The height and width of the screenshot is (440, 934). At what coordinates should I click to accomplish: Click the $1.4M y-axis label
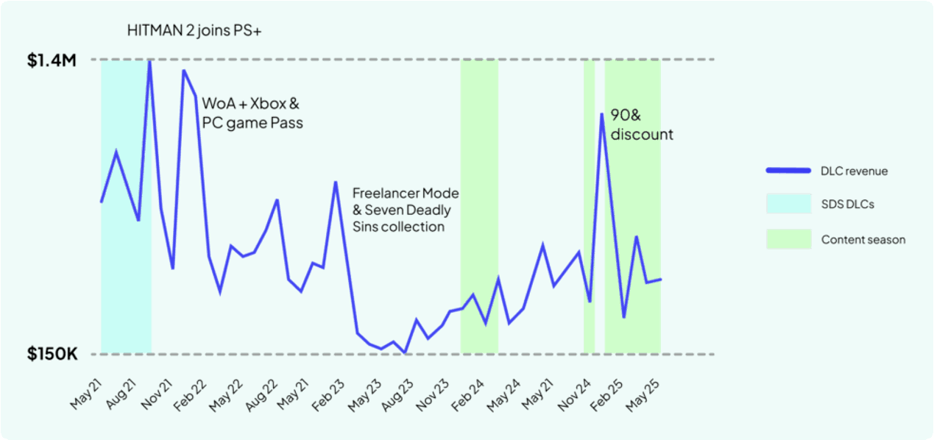pyautogui.click(x=52, y=61)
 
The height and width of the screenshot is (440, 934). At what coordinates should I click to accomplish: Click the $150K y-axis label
pyautogui.click(x=52, y=355)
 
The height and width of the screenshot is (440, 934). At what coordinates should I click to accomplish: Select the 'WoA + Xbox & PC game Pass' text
pyautogui.click(x=252, y=113)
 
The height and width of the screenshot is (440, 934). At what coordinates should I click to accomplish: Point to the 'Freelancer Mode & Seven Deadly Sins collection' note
pyautogui.click(x=405, y=210)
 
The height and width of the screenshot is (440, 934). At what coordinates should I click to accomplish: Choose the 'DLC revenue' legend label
pyautogui.click(x=854, y=171)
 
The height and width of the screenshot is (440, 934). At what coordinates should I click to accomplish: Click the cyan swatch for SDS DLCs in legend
pyautogui.click(x=788, y=204)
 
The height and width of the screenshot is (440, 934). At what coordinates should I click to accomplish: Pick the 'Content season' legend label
pyautogui.click(x=863, y=240)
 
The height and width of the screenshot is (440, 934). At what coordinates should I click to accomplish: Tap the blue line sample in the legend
pyautogui.click(x=788, y=171)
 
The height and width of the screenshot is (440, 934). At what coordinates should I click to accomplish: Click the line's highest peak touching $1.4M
pyautogui.click(x=149, y=61)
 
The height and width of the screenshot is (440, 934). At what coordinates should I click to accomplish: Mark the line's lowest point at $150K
pyautogui.click(x=406, y=353)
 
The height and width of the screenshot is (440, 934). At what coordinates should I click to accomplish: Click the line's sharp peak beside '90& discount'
pyautogui.click(x=602, y=113)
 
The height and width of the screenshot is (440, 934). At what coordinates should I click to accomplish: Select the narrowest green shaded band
pyautogui.click(x=589, y=206)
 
